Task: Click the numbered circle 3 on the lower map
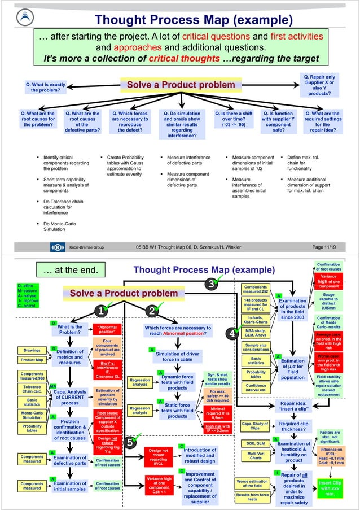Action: [x=211, y=284]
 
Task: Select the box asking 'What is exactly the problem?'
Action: [x=46, y=88]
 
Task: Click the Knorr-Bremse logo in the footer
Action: [x=56, y=247]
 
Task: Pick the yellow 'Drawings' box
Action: [x=32, y=350]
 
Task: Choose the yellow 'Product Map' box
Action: [x=32, y=360]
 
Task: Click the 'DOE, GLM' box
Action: [x=256, y=443]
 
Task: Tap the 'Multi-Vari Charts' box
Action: [x=256, y=455]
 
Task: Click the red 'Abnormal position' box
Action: [x=107, y=329]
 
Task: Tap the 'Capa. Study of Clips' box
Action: [x=255, y=426]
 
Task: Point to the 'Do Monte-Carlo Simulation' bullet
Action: [x=62, y=226]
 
